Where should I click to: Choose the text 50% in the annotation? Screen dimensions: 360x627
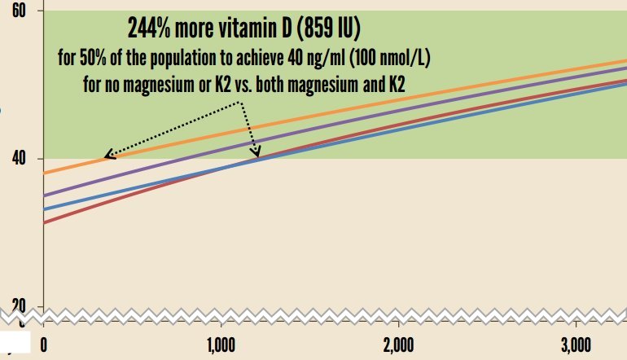pos(92,59)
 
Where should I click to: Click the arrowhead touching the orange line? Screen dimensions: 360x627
pos(108,156)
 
